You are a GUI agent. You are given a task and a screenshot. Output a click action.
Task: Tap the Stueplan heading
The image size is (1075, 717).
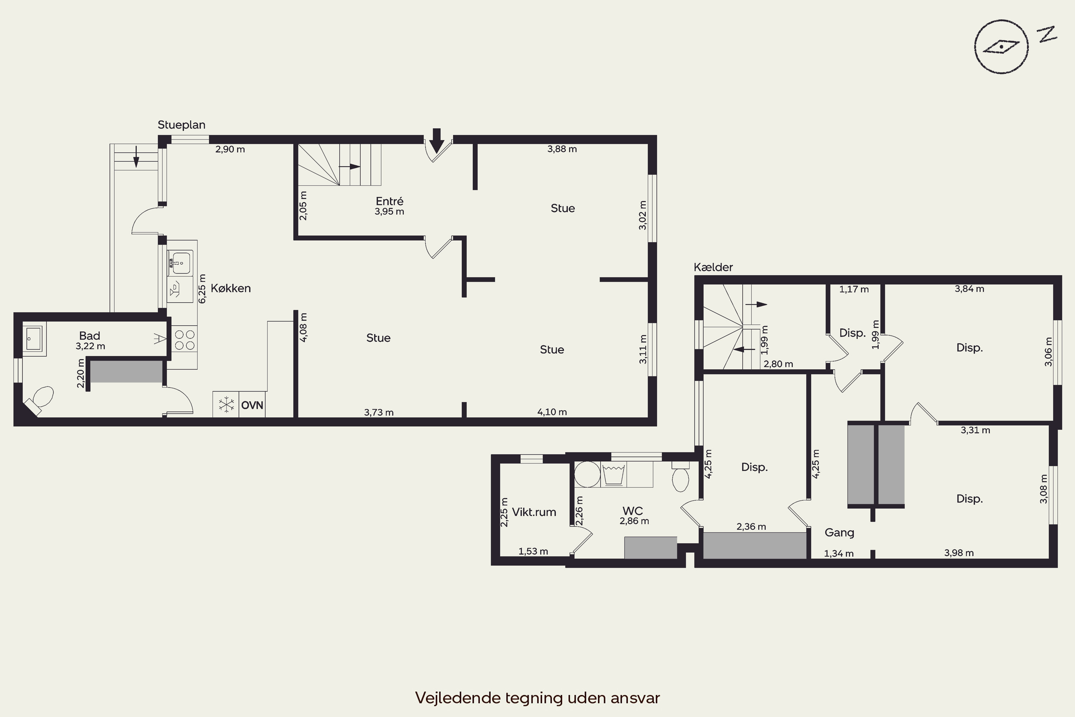(x=181, y=125)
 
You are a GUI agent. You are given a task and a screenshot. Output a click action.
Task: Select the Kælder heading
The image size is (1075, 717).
(x=713, y=267)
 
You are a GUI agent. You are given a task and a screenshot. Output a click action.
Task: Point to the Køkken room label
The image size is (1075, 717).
(x=231, y=288)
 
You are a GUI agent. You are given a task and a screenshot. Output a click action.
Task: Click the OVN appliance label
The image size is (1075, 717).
(x=252, y=405)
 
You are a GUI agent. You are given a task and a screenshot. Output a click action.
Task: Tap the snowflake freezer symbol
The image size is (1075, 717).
(x=226, y=405)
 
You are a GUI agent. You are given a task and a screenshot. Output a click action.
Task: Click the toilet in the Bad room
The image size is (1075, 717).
(x=40, y=400)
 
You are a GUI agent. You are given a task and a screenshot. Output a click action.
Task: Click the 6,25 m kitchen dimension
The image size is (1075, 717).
(x=202, y=289)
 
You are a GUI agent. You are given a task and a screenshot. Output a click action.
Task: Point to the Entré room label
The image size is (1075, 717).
(x=390, y=201)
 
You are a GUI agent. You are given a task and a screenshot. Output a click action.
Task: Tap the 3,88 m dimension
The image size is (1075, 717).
(x=562, y=149)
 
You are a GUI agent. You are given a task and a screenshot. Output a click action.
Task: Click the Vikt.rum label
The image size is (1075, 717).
(x=534, y=512)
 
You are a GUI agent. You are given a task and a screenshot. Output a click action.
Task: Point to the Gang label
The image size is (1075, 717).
(x=839, y=533)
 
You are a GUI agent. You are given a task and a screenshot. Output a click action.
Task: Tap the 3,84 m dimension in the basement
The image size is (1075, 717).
(x=969, y=289)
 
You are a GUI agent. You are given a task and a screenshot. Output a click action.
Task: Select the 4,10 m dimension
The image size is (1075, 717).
(x=552, y=412)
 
